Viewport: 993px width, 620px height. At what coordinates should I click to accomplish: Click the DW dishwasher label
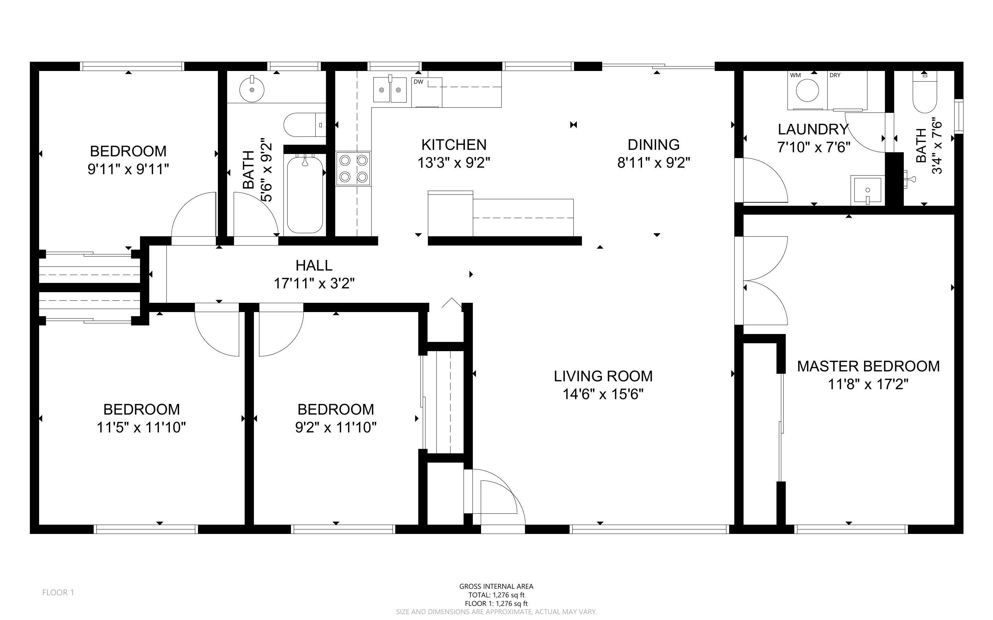(418, 82)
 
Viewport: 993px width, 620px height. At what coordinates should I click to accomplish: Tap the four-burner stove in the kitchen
(353, 168)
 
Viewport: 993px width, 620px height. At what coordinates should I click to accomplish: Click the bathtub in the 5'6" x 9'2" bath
(305, 194)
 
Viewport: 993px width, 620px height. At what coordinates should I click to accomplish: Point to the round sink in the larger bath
(252, 90)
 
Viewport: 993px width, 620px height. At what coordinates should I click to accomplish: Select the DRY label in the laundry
(835, 75)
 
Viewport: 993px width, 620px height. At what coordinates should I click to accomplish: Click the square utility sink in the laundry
(867, 191)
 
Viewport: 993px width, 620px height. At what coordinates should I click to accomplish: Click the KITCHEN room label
(454, 145)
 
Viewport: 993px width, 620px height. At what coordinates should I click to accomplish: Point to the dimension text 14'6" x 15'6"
(603, 394)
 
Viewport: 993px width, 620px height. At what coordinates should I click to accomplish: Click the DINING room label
(653, 145)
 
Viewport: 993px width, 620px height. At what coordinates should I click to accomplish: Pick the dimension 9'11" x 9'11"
(128, 169)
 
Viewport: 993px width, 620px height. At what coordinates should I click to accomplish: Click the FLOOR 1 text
(58, 592)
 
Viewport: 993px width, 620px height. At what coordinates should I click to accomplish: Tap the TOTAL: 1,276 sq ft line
(496, 595)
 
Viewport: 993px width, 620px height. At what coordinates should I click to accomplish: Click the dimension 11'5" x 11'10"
(141, 428)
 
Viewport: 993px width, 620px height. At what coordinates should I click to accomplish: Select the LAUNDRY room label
(813, 130)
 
